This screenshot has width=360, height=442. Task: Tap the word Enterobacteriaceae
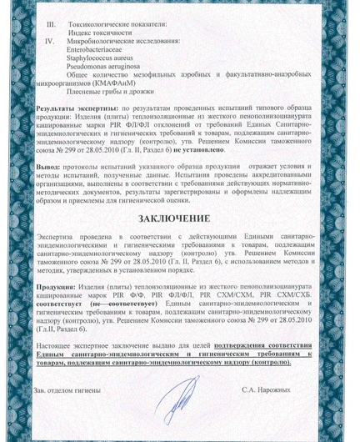pos(105,50)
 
